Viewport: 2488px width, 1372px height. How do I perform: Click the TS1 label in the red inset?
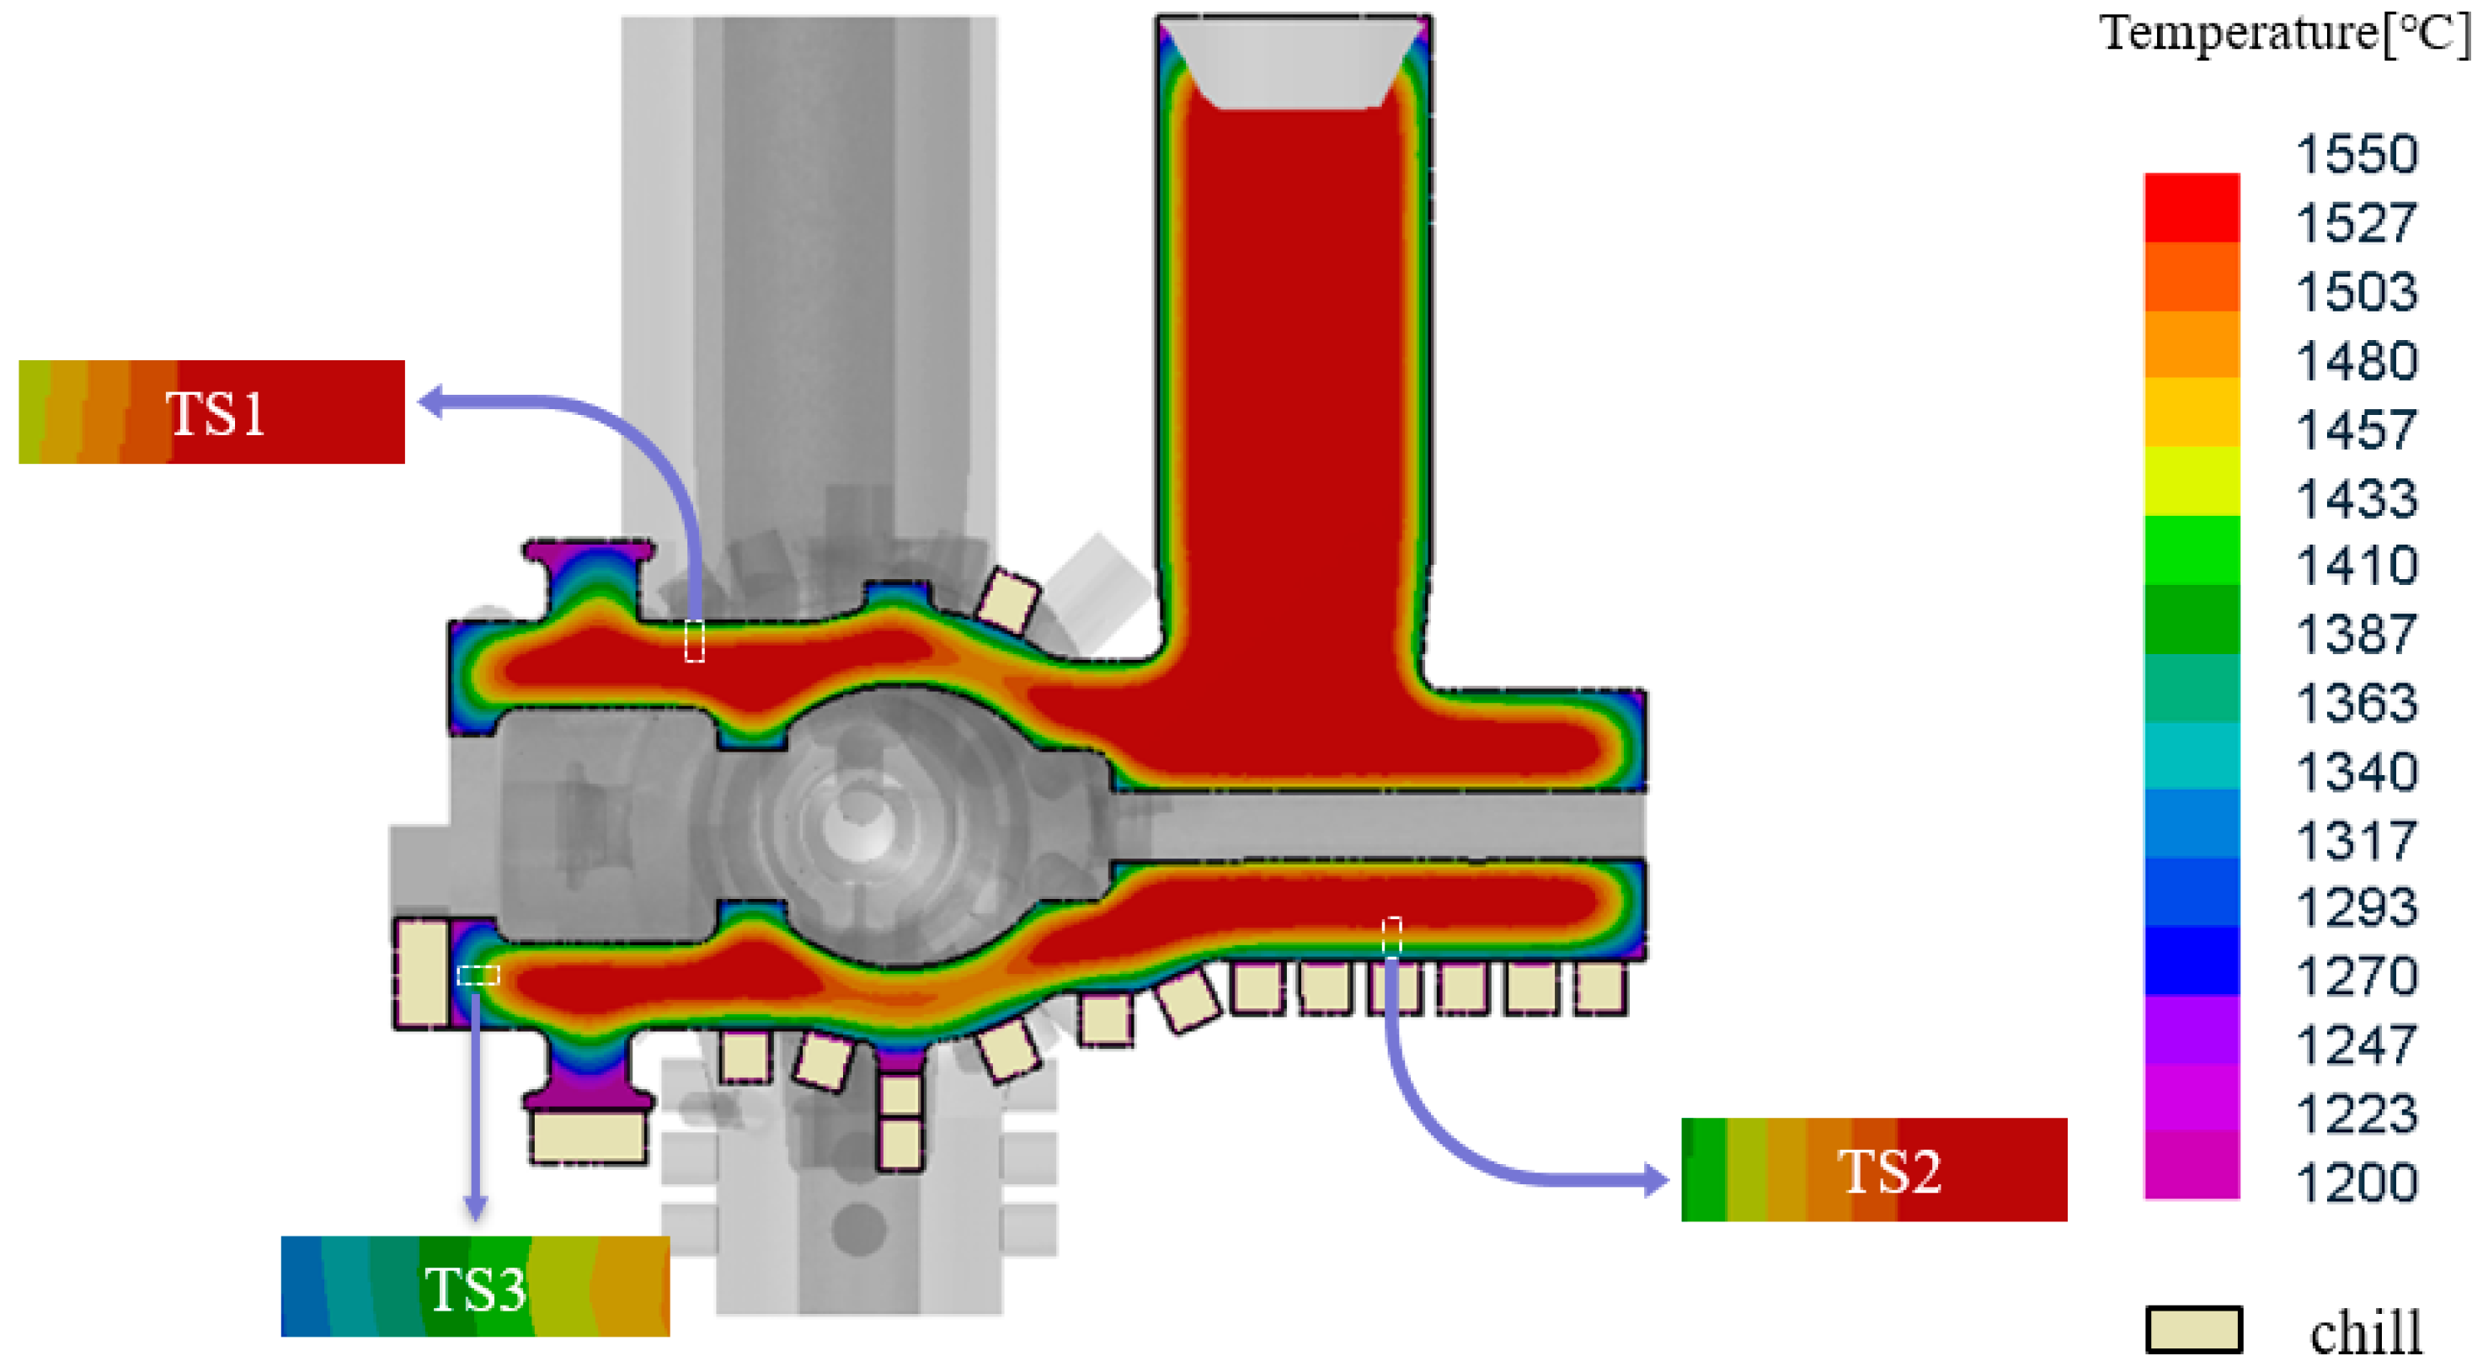tap(216, 414)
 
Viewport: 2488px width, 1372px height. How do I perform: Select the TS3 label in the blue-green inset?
tap(475, 1289)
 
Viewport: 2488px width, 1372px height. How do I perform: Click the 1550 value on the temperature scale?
tap(2357, 155)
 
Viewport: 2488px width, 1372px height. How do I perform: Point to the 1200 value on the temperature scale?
tap(2357, 1183)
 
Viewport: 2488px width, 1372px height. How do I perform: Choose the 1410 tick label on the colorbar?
tap(2357, 566)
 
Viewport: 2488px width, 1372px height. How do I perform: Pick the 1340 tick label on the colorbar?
tap(2357, 773)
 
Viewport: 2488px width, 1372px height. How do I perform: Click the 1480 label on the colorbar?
tap(2357, 361)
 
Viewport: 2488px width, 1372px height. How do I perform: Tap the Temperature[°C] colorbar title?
tap(2284, 35)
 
